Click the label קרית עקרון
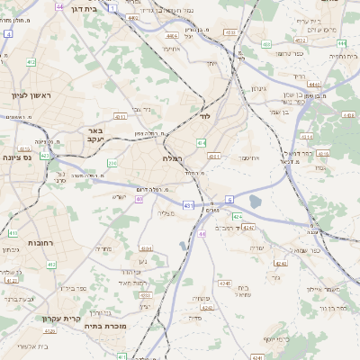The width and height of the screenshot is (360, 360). pyautogui.click(x=61, y=318)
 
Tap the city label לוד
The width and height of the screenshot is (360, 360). pyautogui.click(x=204, y=117)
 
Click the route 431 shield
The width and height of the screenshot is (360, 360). pyautogui.click(x=187, y=206)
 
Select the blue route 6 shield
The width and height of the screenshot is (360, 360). pyautogui.click(x=229, y=199)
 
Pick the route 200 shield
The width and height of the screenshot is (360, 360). pyautogui.click(x=113, y=162)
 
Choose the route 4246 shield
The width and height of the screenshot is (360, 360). pyautogui.click(x=208, y=308)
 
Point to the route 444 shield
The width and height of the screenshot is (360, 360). pyautogui.click(x=313, y=84)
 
